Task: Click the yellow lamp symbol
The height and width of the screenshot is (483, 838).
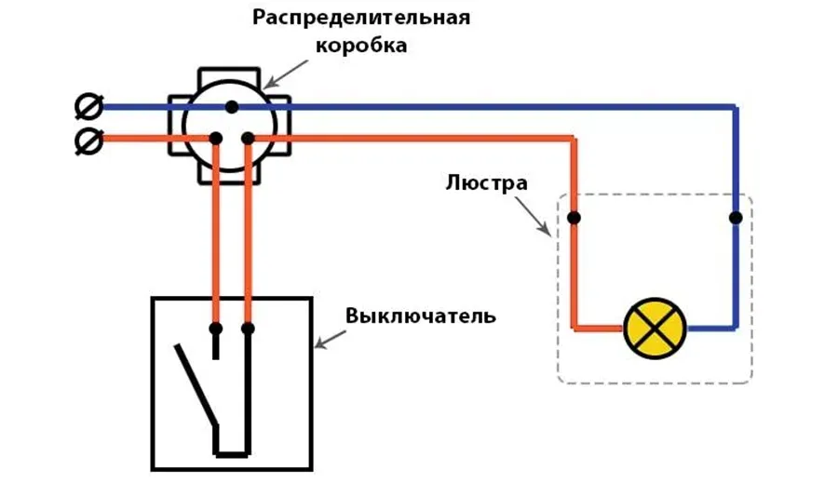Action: tap(654, 329)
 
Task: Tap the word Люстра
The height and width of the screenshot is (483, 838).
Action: tap(486, 182)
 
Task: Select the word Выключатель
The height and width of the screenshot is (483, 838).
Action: tap(421, 315)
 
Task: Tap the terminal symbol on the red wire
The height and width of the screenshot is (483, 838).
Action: tap(88, 141)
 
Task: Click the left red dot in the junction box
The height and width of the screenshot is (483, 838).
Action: tap(216, 139)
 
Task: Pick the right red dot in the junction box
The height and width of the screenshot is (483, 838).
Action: tap(248, 139)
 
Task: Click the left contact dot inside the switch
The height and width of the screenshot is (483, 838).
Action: tap(216, 329)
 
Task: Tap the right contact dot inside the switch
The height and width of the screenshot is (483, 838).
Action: tap(248, 329)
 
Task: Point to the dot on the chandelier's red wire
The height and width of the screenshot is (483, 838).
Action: tap(574, 218)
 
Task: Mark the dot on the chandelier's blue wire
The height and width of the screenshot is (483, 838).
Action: tap(736, 218)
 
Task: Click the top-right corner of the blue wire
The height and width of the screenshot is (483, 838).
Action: tap(736, 108)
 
